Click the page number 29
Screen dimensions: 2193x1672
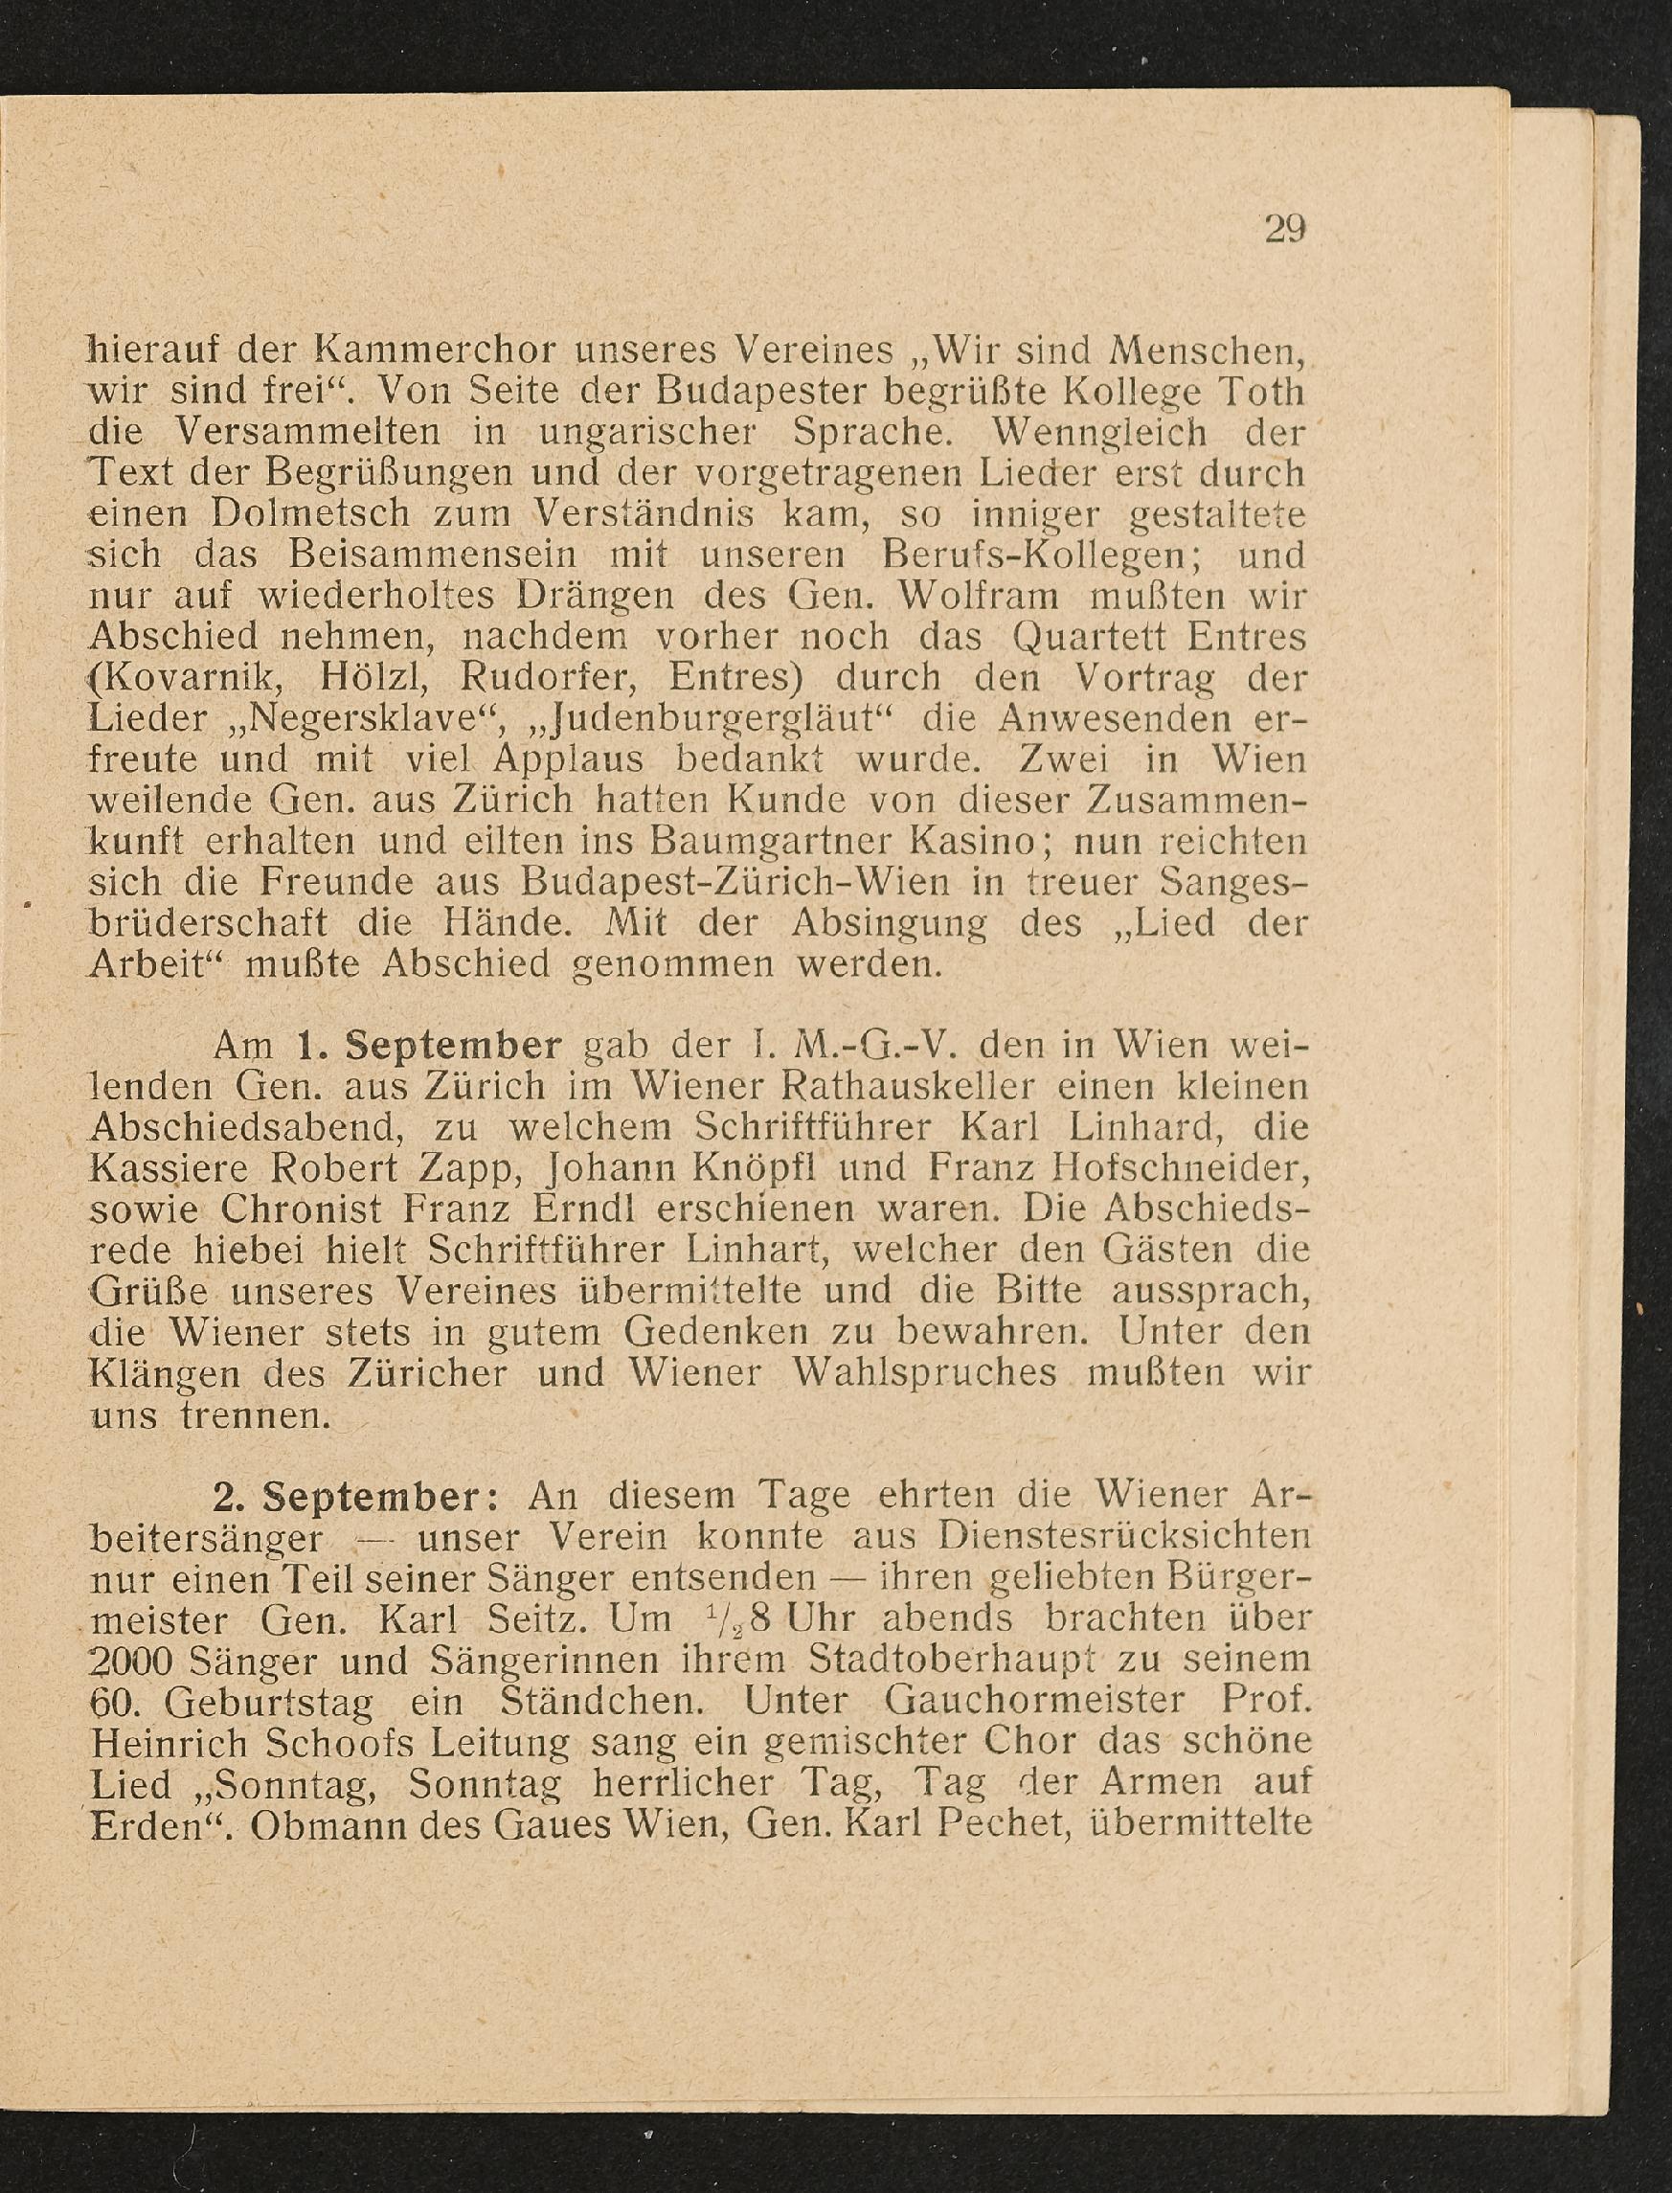click(x=1284, y=230)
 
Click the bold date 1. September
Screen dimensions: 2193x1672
click(x=429, y=1047)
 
